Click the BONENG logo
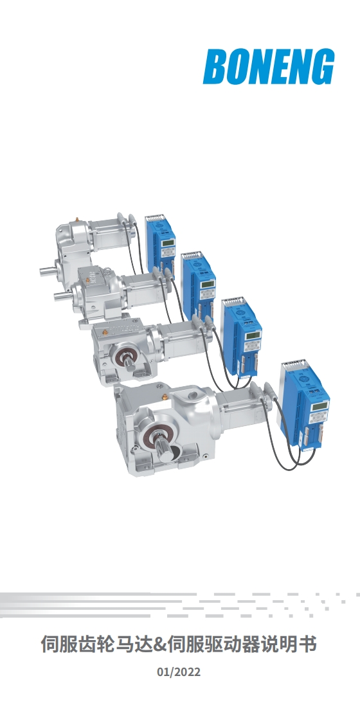tap(269, 67)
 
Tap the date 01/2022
tap(179, 672)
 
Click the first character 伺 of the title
tap(50, 645)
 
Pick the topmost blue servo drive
tap(160, 244)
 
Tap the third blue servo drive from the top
tap(242, 337)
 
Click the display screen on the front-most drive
tap(319, 406)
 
